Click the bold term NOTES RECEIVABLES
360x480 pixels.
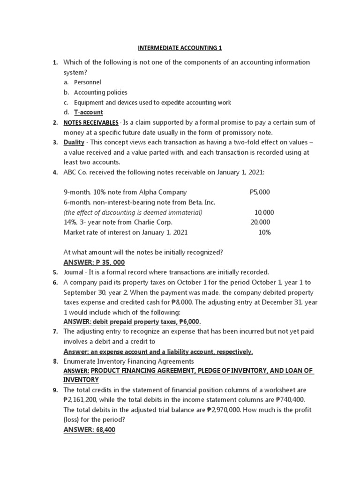click(91, 122)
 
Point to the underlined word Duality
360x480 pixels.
click(75, 142)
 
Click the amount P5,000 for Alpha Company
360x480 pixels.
click(260, 192)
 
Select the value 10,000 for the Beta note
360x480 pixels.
click(264, 212)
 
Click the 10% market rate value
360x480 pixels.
click(264, 232)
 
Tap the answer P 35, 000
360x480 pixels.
click(94, 262)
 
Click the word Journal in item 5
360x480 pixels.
click(74, 272)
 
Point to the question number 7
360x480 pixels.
click(55, 331)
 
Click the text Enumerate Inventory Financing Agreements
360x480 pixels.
click(129, 361)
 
